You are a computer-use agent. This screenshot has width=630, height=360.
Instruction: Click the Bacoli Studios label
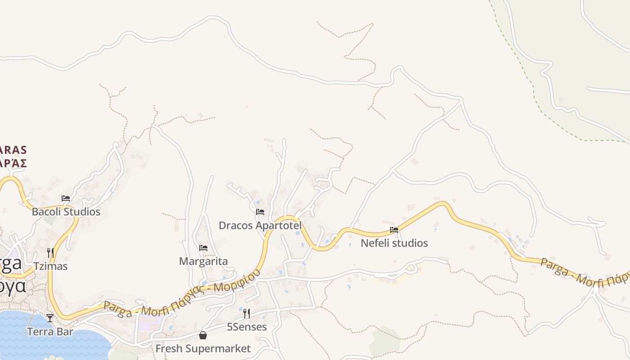(66, 211)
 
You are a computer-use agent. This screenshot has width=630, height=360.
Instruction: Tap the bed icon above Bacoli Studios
(66, 198)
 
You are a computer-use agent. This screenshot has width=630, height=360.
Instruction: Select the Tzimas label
(50, 266)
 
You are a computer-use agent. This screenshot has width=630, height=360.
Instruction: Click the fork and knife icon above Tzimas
(50, 252)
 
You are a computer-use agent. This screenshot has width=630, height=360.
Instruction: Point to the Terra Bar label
(50, 332)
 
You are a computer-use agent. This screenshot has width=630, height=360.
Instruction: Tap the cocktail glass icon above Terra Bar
(50, 318)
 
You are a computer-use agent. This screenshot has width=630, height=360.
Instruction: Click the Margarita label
(203, 261)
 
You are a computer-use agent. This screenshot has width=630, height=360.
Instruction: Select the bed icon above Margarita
(203, 247)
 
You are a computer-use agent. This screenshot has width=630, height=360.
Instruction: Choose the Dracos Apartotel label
(260, 225)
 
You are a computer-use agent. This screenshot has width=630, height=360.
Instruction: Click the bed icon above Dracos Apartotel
(260, 211)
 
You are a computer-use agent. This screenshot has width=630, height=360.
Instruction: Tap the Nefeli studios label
(394, 243)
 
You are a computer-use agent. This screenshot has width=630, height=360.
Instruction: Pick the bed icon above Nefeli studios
(394, 229)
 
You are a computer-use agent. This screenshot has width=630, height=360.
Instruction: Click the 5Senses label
(247, 327)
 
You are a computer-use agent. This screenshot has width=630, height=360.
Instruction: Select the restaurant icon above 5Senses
(247, 313)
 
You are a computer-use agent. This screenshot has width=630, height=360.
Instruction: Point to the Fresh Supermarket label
(203, 348)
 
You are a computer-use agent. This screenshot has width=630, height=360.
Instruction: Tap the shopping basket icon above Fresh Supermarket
(203, 335)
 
